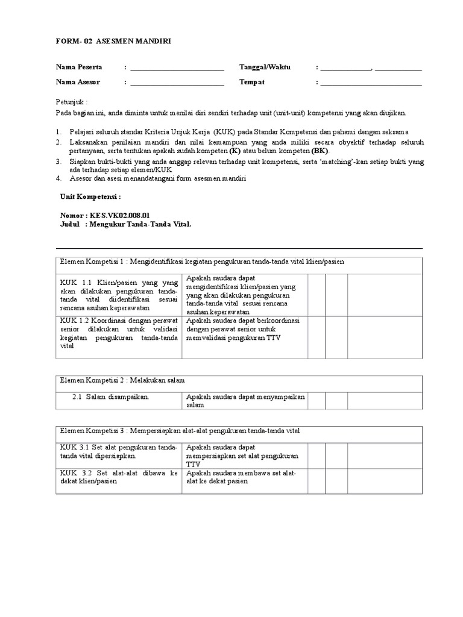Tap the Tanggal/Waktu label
[265, 67]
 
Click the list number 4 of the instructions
[58, 178]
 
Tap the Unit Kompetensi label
[91, 196]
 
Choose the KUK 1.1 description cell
[118, 295]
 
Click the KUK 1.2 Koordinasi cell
[118, 333]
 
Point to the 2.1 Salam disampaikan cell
[118, 397]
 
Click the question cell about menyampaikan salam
[245, 401]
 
